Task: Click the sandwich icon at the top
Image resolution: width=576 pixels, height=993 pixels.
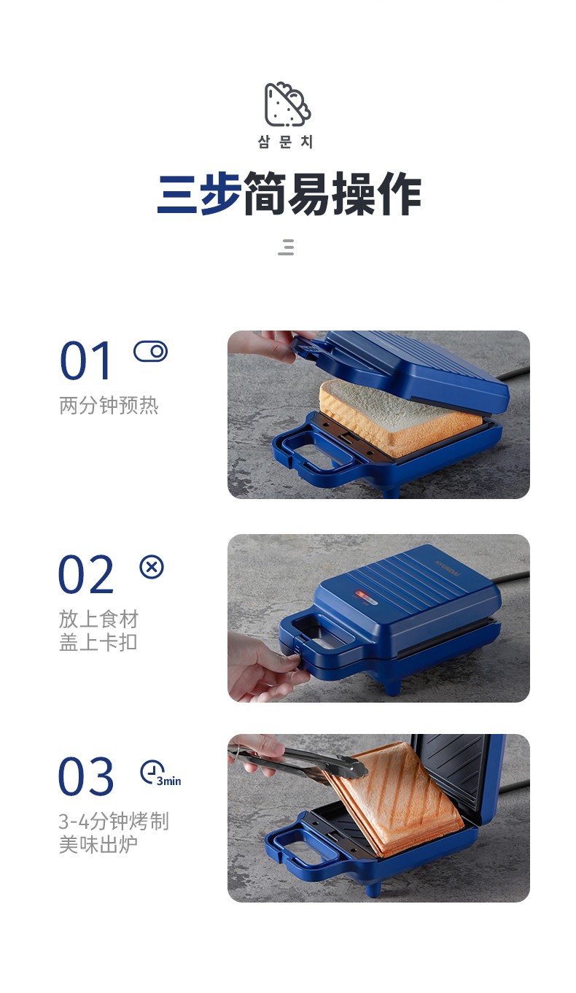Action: tap(287, 104)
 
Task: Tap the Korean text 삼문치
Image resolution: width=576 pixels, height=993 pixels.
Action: tap(286, 142)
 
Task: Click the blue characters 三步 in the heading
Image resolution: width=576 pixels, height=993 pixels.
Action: tap(199, 194)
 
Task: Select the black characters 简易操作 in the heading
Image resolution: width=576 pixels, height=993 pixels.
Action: tap(332, 194)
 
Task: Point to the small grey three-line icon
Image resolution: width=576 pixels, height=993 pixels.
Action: tap(287, 247)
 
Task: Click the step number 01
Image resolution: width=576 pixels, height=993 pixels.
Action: tap(85, 360)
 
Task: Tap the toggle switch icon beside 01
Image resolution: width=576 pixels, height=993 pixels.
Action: tap(151, 352)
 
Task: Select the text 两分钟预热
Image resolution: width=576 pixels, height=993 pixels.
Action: tap(109, 405)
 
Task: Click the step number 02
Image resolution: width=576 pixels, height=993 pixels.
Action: tap(86, 574)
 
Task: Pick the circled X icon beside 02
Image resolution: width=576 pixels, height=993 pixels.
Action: tap(152, 567)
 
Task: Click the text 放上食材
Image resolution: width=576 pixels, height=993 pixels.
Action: tap(99, 619)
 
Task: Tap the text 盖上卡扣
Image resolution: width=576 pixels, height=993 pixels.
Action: tap(98, 642)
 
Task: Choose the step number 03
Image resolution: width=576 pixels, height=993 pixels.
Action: tap(86, 776)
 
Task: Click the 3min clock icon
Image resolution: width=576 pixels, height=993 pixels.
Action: tap(160, 773)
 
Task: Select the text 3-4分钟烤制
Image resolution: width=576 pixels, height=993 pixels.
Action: tap(114, 822)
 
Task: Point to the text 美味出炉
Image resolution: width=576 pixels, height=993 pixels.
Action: tap(98, 844)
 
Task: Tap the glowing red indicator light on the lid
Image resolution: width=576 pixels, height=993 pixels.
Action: tap(359, 594)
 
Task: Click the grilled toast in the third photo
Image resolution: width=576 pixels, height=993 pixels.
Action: tap(395, 798)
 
